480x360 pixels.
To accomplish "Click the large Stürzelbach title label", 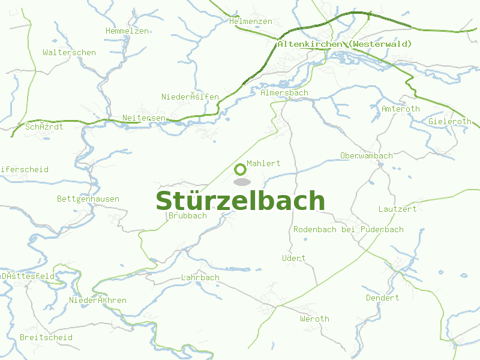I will pos(240,201).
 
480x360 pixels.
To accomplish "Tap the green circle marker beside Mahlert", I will pos(240,169).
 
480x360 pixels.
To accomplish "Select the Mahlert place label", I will pos(263,163).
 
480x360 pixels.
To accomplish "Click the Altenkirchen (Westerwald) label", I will pos(344,44).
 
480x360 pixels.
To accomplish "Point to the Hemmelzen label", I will pos(127,31).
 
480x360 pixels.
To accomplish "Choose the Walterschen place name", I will pos(69,53).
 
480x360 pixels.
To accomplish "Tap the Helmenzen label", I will pos(251,22).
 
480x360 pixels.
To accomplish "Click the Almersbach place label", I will pos(284,93).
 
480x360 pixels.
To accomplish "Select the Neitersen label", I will pos(143,118).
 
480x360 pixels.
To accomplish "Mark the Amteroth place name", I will pos(401,109).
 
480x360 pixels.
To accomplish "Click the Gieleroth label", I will pos(451,121).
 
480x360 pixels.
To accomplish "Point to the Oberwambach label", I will pos(366,156).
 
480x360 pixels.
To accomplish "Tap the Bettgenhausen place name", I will pos(88,199).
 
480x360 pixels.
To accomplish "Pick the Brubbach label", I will pos(188,216).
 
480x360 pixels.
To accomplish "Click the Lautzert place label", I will pos(397,209).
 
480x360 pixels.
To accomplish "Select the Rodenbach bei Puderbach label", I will pos(348,230).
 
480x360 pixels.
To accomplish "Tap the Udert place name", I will pos(293,259).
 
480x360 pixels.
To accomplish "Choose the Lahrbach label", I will pos(200,278).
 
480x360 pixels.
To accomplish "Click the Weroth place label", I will pos(314,319).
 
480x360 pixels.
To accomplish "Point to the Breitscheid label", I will pos(46,338).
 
